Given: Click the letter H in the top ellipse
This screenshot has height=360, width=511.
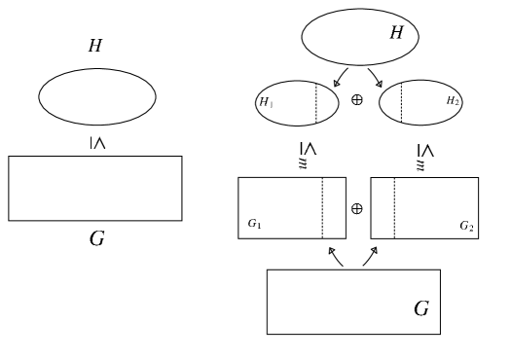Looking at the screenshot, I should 396,33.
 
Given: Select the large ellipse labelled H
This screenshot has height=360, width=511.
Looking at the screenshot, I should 346,38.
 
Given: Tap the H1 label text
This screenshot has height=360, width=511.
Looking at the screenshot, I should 266,102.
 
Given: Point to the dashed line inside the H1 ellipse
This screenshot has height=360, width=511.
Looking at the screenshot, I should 315,103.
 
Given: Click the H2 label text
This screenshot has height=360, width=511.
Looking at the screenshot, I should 453,101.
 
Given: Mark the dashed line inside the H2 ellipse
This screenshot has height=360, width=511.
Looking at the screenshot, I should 401,102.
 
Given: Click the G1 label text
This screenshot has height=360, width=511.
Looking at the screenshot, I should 254,224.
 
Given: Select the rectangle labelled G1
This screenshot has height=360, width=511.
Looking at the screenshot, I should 280,199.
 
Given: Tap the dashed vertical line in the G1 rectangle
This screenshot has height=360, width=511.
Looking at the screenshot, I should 322,207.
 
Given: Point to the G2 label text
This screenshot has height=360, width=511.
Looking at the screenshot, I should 466,226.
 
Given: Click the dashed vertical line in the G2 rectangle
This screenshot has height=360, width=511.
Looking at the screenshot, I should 394,207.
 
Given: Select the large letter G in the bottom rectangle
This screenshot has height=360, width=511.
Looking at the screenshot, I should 421,309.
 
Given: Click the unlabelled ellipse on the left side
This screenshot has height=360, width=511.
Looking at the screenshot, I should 97,96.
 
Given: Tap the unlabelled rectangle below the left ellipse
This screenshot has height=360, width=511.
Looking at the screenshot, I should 95,188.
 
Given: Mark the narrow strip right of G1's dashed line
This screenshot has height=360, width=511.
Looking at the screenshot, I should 334,207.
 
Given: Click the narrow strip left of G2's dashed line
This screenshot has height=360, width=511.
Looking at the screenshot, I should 383,207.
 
